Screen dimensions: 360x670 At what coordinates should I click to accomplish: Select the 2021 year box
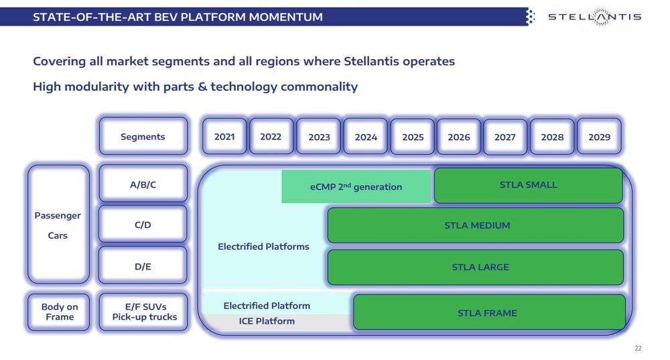224,137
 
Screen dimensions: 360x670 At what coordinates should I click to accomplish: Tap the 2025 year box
413,137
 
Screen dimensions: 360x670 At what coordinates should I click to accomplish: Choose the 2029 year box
599,137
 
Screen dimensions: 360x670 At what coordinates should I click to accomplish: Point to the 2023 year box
319,137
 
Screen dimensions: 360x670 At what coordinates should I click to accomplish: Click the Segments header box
143,137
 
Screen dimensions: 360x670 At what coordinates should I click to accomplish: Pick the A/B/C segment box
143,184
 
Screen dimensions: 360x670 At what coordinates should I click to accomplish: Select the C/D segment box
143,225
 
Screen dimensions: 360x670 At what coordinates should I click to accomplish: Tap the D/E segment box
143,266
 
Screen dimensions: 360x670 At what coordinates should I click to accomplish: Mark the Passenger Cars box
58,225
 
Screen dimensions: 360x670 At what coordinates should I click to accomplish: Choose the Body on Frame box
59,312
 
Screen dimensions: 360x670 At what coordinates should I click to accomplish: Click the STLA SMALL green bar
528,185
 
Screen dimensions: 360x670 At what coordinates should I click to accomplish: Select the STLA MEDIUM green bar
476,225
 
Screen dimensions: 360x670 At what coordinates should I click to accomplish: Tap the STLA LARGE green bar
476,267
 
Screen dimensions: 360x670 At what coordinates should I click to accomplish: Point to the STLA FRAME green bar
488,312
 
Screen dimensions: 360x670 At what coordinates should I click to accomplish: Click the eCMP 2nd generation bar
356,186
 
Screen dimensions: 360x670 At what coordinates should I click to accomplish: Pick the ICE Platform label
267,321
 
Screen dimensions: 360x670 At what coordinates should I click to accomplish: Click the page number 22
637,348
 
